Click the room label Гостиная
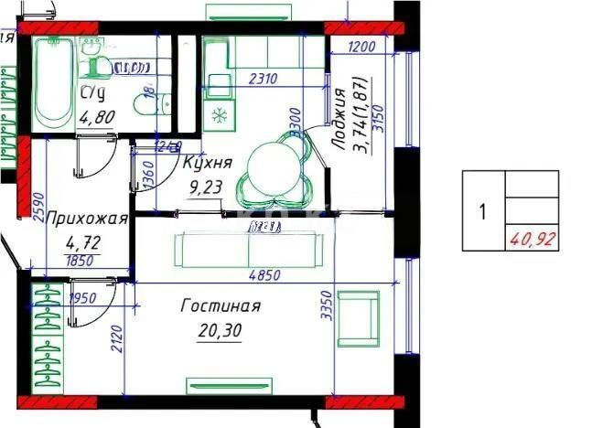pos(221,306)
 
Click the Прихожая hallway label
pos(86,219)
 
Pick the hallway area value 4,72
pos(83,243)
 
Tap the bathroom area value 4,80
pos(97,116)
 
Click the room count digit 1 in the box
pos(482,213)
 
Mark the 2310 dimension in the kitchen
pos(263,80)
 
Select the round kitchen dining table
pos(274,166)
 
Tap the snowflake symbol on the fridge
pos(220,115)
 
